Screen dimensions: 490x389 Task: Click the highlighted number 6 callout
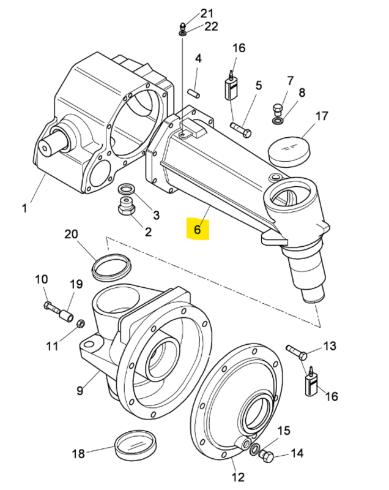pyautogui.click(x=197, y=230)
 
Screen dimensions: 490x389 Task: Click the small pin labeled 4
pyautogui.click(x=194, y=92)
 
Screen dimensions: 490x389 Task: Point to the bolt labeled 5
pyautogui.click(x=241, y=129)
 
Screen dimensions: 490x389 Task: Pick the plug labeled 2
pyautogui.click(x=127, y=208)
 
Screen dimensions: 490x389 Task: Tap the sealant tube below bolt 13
pyautogui.click(x=310, y=384)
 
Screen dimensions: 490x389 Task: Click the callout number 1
pyautogui.click(x=24, y=208)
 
